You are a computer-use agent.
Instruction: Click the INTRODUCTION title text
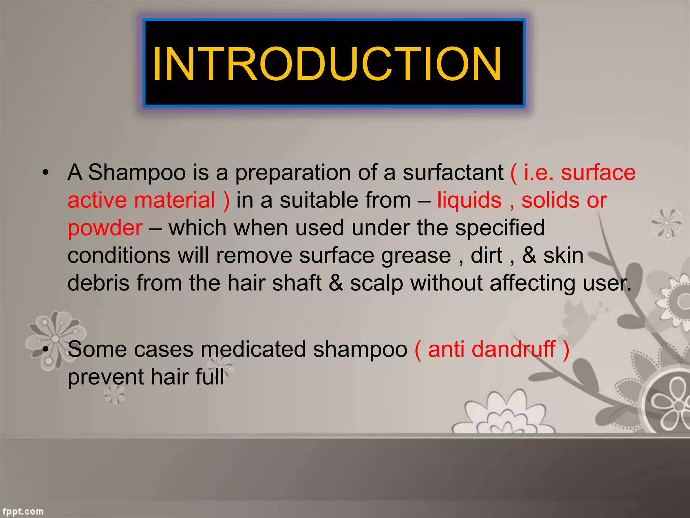(327, 64)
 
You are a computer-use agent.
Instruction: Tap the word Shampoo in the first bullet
(137, 173)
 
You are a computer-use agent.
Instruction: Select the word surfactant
(453, 173)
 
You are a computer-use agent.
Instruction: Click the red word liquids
(469, 200)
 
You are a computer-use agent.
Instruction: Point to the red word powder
(105, 229)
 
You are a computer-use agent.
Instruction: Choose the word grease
(416, 256)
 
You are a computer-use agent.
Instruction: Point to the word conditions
(119, 256)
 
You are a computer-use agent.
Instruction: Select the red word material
(175, 200)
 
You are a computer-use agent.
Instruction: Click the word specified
(500, 228)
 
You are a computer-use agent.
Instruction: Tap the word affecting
(532, 284)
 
